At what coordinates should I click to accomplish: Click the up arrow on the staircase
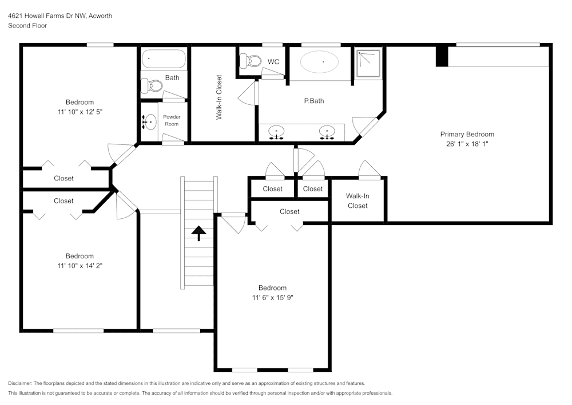[x=198, y=233]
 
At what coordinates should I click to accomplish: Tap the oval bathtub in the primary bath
[x=319, y=62]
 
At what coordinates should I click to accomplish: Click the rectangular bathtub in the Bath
[x=164, y=59]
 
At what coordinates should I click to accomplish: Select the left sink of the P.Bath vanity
[x=277, y=132]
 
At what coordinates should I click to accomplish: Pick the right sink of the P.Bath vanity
[x=327, y=132]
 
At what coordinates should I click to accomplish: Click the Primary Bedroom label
[x=467, y=134]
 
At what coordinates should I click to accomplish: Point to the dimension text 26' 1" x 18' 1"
[x=467, y=144]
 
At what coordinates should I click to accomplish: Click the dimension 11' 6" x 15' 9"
[x=272, y=297]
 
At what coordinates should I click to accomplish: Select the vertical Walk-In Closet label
[x=219, y=97]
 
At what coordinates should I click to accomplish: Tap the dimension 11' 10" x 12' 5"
[x=80, y=112]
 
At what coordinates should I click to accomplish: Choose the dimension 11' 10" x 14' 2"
[x=80, y=265]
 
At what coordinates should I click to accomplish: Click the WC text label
[x=273, y=62]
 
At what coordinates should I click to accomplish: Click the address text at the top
[x=60, y=16]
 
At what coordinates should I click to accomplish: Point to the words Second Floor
[x=27, y=26]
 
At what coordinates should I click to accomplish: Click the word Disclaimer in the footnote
[x=20, y=383]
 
